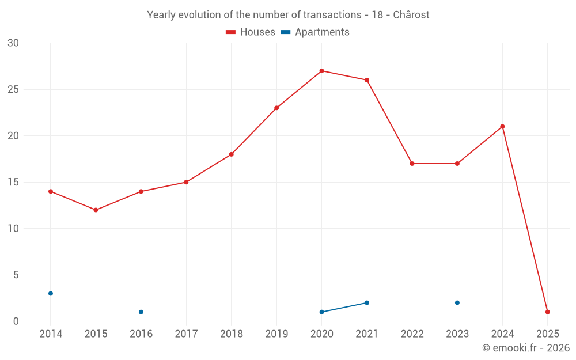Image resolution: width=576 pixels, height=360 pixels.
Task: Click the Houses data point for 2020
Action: [x=321, y=71]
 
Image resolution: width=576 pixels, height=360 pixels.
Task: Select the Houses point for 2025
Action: [x=547, y=312]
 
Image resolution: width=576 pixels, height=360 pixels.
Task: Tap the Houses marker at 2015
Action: [x=96, y=210]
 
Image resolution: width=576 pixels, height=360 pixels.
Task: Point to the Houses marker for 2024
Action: [x=502, y=127]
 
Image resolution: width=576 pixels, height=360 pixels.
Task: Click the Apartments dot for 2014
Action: [x=51, y=293]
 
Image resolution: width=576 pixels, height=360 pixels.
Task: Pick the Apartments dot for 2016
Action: [x=141, y=312]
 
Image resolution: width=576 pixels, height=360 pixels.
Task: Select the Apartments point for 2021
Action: [x=367, y=302]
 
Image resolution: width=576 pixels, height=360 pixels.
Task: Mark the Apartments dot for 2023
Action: [x=457, y=302]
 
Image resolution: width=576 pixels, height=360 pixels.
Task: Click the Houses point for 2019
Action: [x=276, y=108]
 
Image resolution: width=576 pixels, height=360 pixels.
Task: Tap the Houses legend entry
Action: [x=251, y=32]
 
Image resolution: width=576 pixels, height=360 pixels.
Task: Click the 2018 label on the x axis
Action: [x=231, y=334]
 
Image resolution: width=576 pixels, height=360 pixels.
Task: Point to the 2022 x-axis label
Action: [x=412, y=334]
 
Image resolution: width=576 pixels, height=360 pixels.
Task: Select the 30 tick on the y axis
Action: [x=13, y=43]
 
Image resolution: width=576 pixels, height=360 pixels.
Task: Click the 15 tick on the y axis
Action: [x=13, y=182]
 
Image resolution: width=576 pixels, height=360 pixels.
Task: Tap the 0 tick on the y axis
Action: [x=16, y=321]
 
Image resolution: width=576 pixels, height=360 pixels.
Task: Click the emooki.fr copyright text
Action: [x=525, y=348]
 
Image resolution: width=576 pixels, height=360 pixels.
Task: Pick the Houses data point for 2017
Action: [x=186, y=182]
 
